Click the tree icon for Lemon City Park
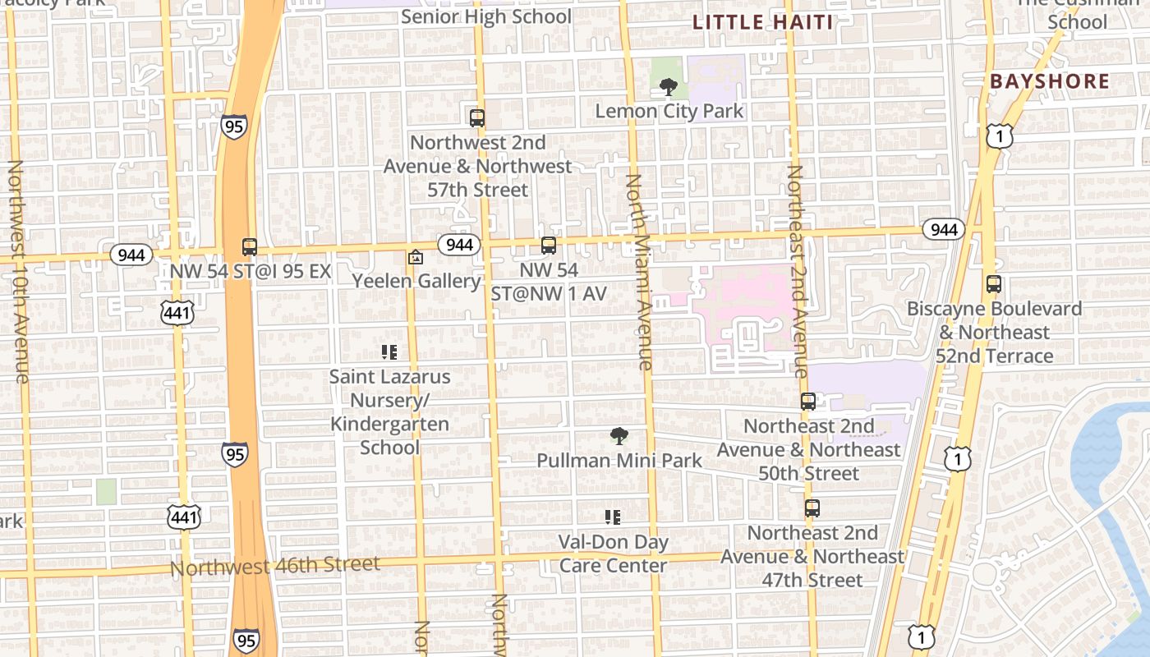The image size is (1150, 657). coord(669,86)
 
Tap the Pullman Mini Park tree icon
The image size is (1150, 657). coord(619,436)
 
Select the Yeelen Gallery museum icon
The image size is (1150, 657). coord(416,257)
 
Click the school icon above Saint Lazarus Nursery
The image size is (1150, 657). coord(389,352)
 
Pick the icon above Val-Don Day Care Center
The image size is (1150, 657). coord(613,517)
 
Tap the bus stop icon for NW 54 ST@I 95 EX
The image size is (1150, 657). coord(250,246)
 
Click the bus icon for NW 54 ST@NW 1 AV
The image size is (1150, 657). coord(549,245)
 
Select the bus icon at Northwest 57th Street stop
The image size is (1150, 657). coord(477,117)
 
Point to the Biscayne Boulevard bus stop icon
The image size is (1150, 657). coord(994,284)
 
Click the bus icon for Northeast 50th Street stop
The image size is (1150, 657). coord(808,402)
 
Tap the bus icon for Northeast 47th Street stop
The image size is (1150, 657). coord(812,508)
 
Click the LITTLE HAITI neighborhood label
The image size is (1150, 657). coord(762,22)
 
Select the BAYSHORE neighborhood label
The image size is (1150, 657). coord(1050,81)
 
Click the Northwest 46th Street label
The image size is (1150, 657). coord(275,566)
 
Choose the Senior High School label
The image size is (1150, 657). coord(486,16)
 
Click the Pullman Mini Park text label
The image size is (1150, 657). coord(619,461)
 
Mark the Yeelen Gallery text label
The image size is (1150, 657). coord(416,281)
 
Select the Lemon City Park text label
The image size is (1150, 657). coord(669,111)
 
